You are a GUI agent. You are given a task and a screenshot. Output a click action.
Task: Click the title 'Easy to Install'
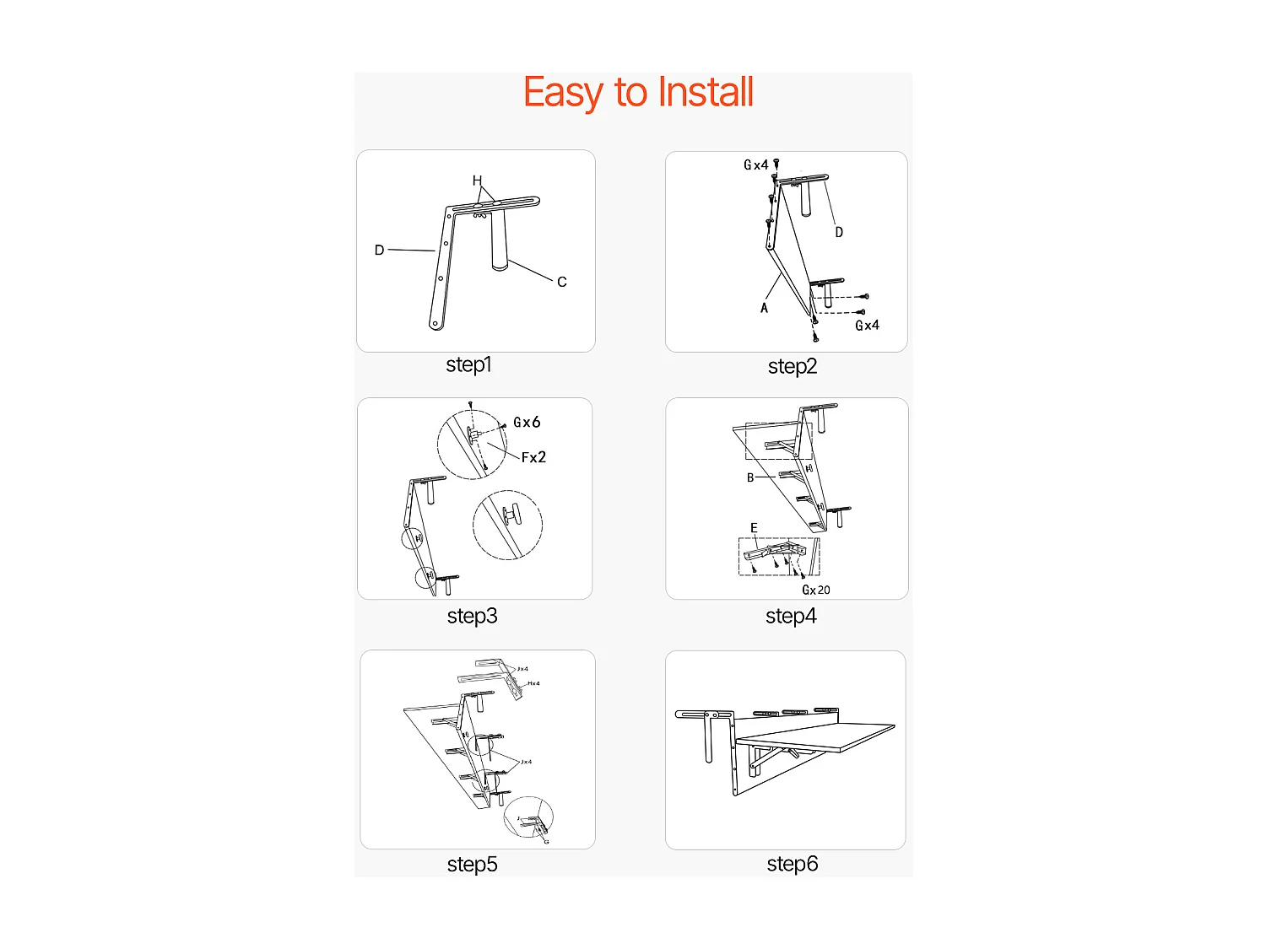[638, 92]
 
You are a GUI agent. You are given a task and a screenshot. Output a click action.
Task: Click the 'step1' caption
[468, 364]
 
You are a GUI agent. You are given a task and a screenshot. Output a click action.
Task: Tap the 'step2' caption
[792, 366]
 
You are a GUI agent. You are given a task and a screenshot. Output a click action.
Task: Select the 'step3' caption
[472, 616]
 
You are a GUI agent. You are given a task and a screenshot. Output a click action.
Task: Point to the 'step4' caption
[791, 616]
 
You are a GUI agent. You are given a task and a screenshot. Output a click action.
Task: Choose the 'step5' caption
[472, 864]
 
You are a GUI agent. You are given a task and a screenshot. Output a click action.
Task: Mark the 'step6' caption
[792, 863]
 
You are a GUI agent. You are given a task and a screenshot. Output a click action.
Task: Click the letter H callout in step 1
[477, 181]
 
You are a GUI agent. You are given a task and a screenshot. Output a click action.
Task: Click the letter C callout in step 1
[561, 282]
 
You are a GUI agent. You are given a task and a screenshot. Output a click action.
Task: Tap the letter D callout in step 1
[379, 250]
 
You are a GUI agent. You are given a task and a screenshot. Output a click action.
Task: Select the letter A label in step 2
[764, 308]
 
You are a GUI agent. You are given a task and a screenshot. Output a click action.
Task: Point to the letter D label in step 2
[839, 232]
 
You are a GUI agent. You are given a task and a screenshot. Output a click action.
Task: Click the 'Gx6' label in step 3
[527, 423]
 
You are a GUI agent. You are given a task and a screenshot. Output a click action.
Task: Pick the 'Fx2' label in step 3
[533, 457]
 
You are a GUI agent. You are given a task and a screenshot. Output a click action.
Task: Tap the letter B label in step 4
[750, 477]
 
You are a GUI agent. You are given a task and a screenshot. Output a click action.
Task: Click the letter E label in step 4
[754, 528]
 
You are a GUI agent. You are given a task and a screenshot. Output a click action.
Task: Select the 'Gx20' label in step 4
[816, 590]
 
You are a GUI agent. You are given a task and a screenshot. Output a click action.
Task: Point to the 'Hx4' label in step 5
[533, 683]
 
